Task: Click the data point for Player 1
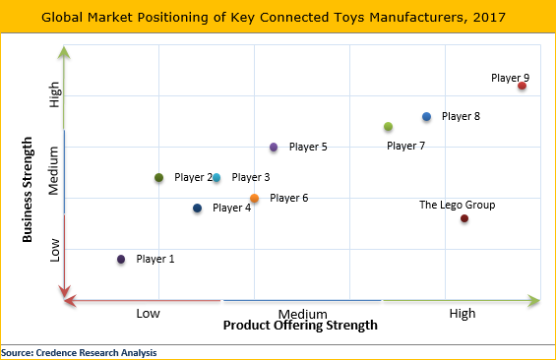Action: [121, 260]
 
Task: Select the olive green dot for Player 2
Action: [159, 178]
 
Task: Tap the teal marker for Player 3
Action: [216, 178]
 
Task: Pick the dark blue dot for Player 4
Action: [198, 209]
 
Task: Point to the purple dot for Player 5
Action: [274, 148]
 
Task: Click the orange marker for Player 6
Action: [255, 199]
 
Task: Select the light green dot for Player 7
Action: [389, 127]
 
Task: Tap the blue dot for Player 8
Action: [426, 117]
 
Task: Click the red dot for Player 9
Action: [522, 87]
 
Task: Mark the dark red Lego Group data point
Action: [464, 218]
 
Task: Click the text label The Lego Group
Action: [457, 205]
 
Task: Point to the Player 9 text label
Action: [510, 78]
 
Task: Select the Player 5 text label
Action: [308, 148]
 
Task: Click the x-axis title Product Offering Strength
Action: [299, 326]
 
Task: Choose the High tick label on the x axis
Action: [462, 313]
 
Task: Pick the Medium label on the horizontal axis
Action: [302, 313]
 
